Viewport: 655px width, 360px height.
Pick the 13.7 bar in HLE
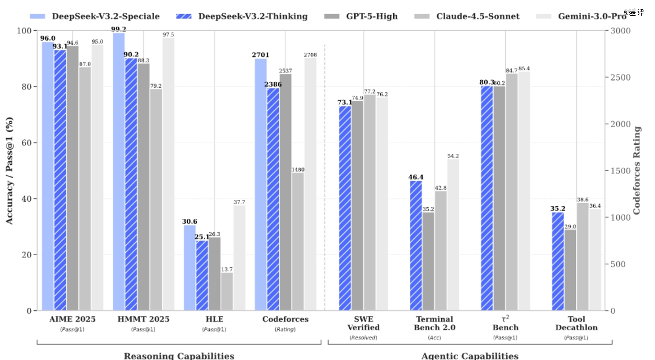227,292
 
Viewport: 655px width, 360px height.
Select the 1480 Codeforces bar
298,242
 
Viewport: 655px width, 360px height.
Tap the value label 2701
260,55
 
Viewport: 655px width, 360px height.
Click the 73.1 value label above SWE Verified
344,102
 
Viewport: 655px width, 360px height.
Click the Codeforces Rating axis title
637,170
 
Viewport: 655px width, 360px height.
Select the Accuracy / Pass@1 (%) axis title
10,170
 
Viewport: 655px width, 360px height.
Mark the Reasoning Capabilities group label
179,356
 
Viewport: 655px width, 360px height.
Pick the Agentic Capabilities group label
470,356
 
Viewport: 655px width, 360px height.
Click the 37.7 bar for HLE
240,258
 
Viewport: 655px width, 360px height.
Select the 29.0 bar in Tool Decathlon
570,270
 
